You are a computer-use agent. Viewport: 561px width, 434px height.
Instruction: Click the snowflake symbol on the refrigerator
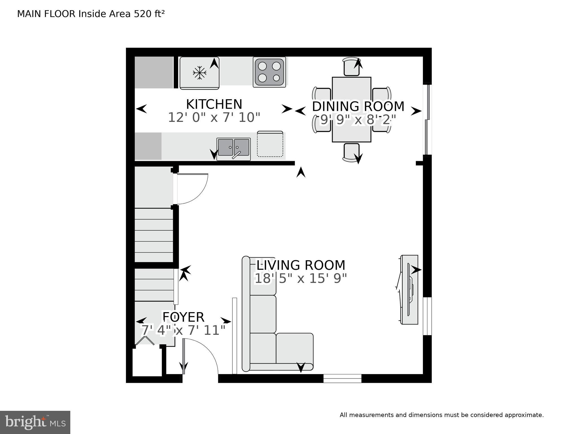click(x=200, y=73)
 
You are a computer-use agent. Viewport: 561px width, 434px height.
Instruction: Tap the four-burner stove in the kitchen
click(x=269, y=72)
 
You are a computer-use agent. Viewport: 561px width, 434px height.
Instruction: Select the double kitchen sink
click(x=233, y=148)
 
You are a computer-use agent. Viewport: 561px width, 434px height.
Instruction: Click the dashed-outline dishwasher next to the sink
click(x=270, y=144)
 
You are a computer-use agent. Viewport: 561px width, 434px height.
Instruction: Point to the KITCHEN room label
click(x=214, y=104)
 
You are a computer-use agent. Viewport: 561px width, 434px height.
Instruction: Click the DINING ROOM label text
click(x=358, y=107)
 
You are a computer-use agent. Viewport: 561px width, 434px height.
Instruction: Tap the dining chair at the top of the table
click(x=352, y=67)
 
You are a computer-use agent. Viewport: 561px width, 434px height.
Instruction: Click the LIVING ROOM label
click(x=301, y=265)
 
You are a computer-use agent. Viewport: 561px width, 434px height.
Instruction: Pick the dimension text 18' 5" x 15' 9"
click(x=301, y=278)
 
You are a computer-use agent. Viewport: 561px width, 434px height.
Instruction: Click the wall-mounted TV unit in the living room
click(x=409, y=290)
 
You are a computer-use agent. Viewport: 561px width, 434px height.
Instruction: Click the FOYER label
click(x=184, y=317)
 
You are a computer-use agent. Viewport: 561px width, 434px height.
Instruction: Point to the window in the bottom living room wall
click(x=342, y=378)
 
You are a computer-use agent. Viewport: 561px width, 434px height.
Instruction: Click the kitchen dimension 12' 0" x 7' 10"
click(x=214, y=118)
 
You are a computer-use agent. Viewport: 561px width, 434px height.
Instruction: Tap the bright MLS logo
click(x=35, y=422)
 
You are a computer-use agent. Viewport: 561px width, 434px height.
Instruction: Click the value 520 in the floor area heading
click(x=143, y=14)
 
